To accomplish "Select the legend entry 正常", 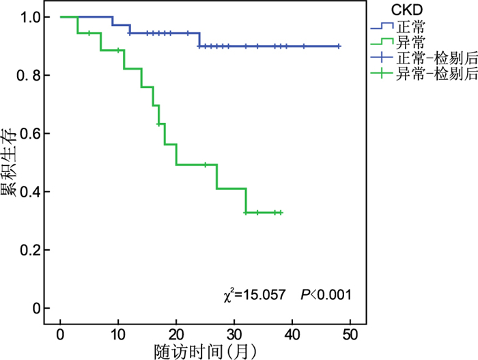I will tap(408, 27).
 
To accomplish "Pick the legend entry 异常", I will tap(408, 42).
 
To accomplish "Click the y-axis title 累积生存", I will tap(11, 163).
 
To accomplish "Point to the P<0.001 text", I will tap(326, 295).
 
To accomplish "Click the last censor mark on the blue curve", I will tap(338, 46).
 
